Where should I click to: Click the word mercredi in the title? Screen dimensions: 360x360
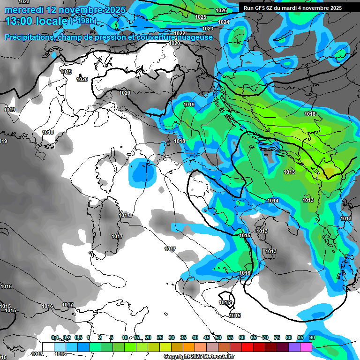(23, 10)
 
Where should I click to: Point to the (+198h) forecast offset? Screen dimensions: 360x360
(83, 21)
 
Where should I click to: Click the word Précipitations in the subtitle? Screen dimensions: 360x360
(29, 37)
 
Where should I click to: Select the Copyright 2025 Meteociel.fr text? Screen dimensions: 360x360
(199, 356)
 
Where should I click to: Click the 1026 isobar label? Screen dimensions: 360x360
(221, 10)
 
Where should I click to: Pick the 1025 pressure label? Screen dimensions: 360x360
(201, 17)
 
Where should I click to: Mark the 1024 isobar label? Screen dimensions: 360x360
(224, 22)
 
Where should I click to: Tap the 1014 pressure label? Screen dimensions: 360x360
(273, 201)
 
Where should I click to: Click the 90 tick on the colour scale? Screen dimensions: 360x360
(312, 337)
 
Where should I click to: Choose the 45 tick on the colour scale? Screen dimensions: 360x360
(207, 337)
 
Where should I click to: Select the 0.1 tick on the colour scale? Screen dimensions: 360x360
(54, 337)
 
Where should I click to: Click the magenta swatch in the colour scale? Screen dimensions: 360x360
(306, 346)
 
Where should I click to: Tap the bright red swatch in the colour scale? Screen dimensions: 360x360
(247, 346)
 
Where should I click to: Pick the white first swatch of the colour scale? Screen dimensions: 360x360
(48, 346)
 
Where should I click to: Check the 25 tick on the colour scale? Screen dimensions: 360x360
(160, 337)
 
